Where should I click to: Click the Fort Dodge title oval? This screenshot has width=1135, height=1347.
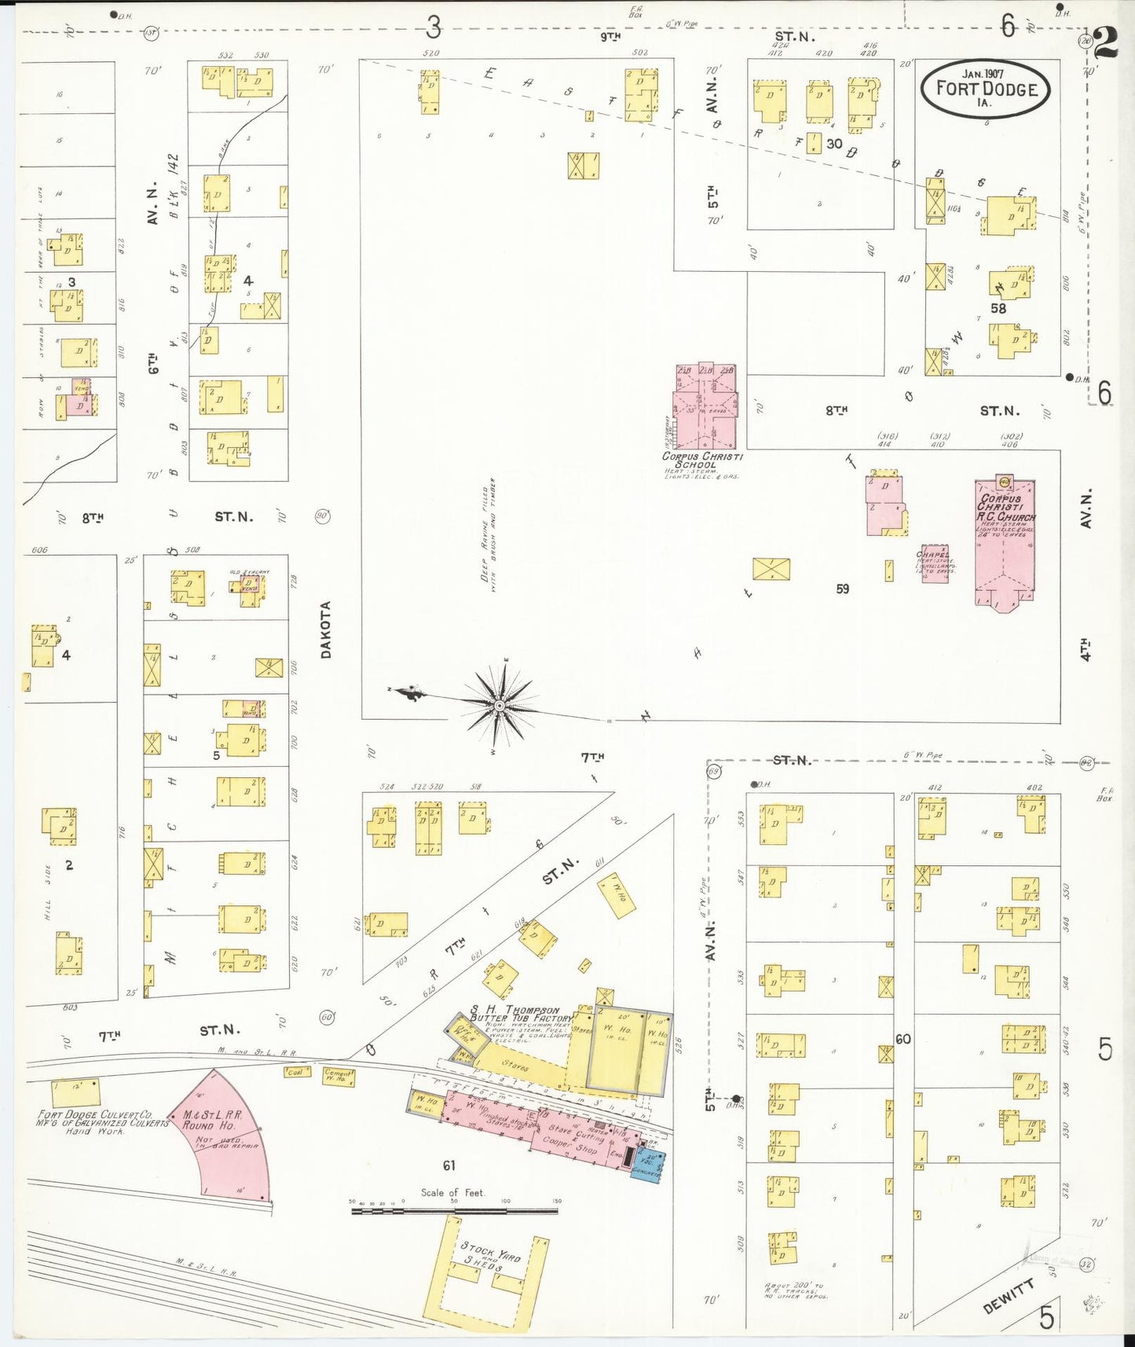[985, 88]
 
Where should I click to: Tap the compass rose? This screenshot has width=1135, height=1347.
[499, 705]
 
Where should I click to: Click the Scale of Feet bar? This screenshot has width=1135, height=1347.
[455, 1211]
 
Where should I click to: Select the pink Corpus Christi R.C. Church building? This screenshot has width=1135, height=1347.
[1005, 542]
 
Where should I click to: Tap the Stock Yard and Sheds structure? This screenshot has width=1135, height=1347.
[487, 1273]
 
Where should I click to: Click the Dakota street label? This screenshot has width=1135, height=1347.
[326, 629]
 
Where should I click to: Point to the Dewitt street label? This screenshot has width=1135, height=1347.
[1009, 1296]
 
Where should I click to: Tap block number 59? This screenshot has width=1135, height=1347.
[842, 588]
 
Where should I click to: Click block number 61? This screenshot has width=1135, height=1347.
[449, 1165]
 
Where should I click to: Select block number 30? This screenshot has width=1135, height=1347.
[834, 144]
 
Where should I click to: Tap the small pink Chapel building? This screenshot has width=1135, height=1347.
[935, 563]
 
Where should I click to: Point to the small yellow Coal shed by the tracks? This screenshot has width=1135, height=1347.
[296, 1071]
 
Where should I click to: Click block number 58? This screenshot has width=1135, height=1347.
[998, 308]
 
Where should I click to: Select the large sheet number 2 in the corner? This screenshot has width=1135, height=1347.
[1106, 43]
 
